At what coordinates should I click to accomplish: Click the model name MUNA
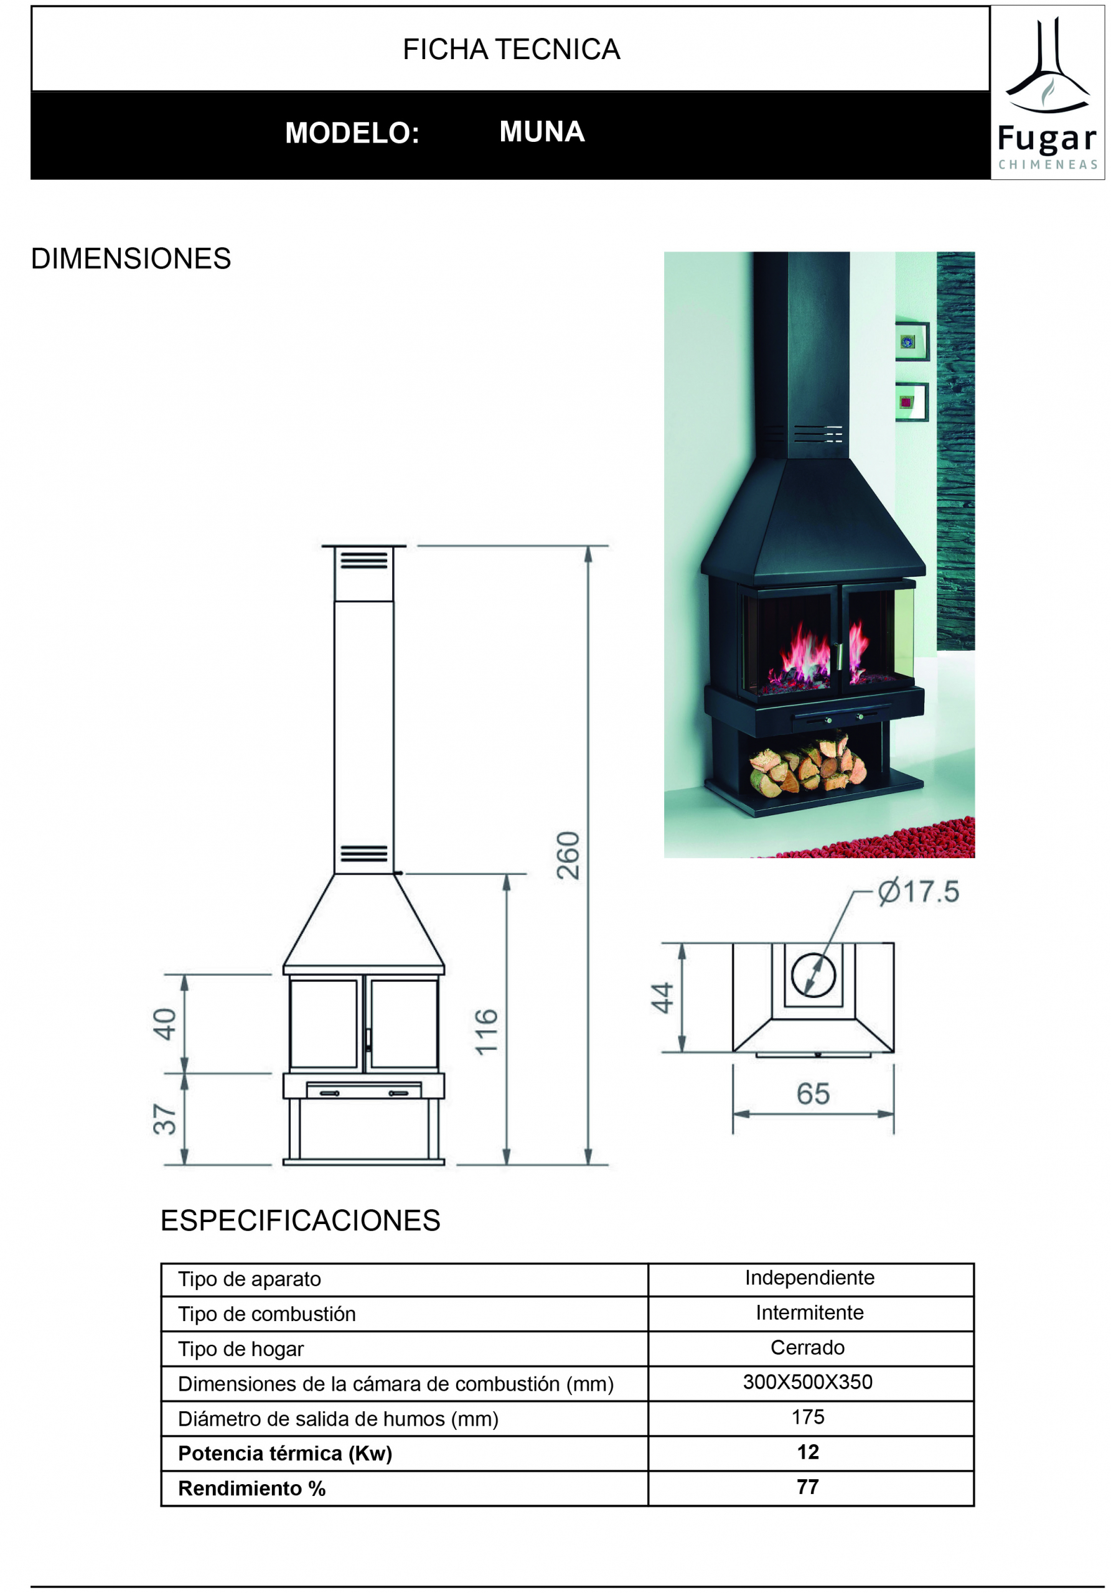pyautogui.click(x=542, y=132)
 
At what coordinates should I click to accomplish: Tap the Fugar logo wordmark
pyautogui.click(x=1047, y=139)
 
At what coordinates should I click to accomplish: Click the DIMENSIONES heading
pyautogui.click(x=131, y=259)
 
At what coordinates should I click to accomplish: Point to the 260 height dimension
pyautogui.click(x=568, y=855)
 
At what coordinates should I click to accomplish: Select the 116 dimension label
pyautogui.click(x=487, y=1032)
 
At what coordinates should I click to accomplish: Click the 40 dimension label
pyautogui.click(x=164, y=1024)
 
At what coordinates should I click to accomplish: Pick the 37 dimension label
pyautogui.click(x=164, y=1119)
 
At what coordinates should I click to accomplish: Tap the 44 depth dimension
pyautogui.click(x=662, y=997)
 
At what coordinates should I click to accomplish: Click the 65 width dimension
pyautogui.click(x=813, y=1094)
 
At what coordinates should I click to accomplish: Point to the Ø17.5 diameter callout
pyautogui.click(x=918, y=892)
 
